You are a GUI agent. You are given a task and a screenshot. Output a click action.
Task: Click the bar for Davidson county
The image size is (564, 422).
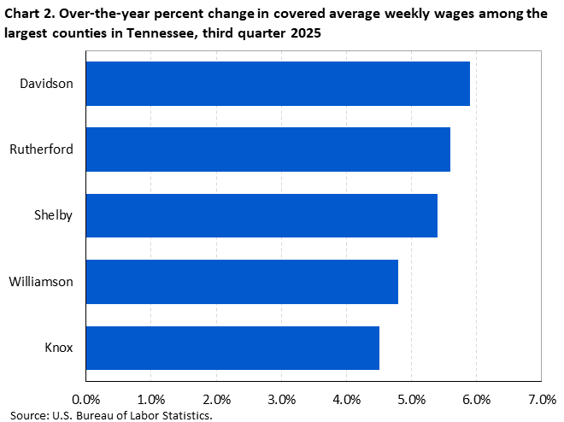[278, 84]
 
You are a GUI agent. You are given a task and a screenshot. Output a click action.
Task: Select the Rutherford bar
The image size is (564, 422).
[267, 149]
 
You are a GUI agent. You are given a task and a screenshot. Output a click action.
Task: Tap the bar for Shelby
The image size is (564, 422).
[261, 215]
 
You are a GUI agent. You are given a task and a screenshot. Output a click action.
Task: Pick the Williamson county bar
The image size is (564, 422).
[242, 281]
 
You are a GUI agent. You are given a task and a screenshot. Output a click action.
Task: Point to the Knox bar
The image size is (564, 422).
[232, 347]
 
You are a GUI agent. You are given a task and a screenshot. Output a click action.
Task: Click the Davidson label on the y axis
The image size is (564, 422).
[47, 84]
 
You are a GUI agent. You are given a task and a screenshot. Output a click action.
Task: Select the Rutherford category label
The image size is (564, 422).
[41, 149]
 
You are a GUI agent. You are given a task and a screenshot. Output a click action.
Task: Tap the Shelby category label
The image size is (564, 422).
[53, 215]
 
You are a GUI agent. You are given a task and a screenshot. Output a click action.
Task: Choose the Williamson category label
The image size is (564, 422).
[41, 281]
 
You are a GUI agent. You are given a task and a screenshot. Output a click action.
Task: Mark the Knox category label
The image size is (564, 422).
[58, 347]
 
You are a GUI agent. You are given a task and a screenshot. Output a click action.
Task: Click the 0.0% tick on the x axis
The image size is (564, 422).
[85, 399]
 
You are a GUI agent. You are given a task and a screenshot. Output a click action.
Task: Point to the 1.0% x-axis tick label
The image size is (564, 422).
[150, 399]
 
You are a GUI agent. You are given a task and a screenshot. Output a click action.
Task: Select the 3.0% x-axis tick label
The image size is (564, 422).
[281, 399]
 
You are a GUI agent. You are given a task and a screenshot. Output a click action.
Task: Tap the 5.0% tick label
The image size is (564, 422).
[411, 399]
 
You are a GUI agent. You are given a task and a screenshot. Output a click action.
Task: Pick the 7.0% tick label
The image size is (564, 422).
[542, 399]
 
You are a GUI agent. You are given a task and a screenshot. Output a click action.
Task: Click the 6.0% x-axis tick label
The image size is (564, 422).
[477, 399]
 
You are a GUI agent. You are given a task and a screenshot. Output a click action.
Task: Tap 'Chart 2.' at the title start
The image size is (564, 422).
[27, 11]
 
